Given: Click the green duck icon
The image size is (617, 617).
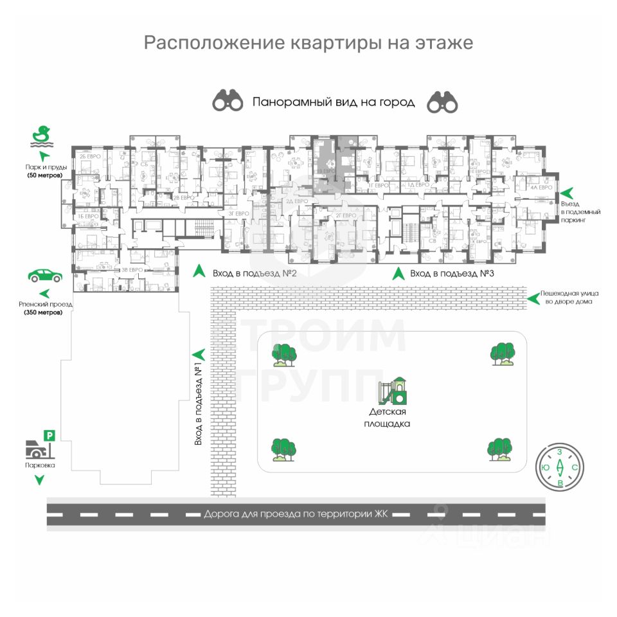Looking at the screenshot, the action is (x=42, y=136).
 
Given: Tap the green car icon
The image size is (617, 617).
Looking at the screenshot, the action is (x=45, y=276).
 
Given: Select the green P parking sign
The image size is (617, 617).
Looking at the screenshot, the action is (x=49, y=436).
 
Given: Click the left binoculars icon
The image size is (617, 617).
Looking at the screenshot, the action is (x=228, y=102).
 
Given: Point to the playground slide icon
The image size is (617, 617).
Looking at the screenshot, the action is (x=392, y=390).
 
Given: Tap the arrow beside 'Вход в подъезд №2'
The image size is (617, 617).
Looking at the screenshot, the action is (x=200, y=272).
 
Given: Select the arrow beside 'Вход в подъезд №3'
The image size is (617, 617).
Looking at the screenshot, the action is (x=399, y=273).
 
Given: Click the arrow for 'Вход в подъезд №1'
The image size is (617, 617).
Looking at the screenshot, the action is (x=199, y=353).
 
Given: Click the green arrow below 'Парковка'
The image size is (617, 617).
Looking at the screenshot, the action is (x=40, y=479).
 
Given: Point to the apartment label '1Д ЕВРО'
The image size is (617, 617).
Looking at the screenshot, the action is (x=418, y=185).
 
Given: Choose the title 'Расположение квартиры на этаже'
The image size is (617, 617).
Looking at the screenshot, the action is (x=308, y=43).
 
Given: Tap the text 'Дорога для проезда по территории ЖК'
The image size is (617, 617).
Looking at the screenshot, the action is (x=298, y=514).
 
